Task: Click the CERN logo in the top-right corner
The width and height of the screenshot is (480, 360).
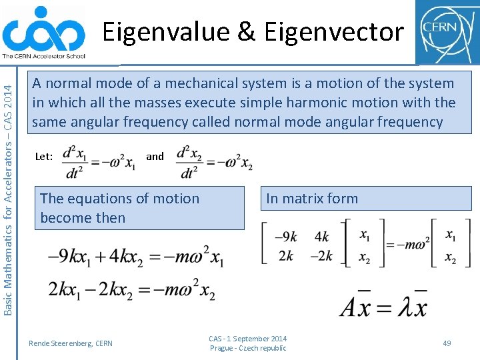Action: tap(447, 31)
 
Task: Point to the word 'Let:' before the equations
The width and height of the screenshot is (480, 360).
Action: tap(44, 157)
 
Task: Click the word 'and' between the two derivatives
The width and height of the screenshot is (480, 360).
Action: tap(155, 156)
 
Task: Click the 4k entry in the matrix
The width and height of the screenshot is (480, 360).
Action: tap(322, 237)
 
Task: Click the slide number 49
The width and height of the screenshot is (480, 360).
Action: tap(447, 343)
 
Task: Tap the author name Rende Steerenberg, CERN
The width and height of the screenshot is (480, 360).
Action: tap(71, 343)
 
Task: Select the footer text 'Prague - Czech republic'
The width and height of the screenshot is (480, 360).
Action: tap(248, 348)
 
